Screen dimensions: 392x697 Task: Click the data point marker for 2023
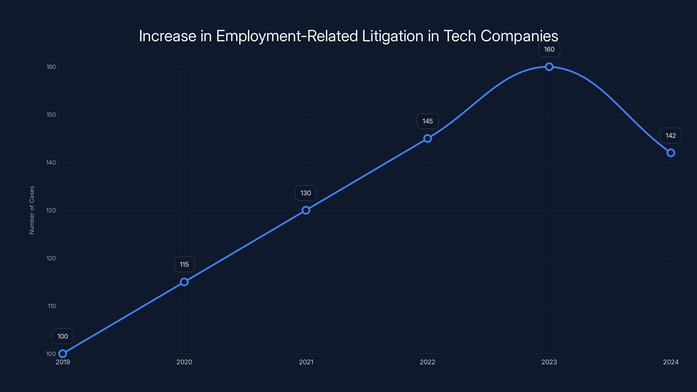(549, 67)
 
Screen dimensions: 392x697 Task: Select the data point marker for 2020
(184, 282)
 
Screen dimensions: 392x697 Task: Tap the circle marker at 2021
(306, 210)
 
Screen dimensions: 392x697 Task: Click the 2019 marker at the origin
(63, 354)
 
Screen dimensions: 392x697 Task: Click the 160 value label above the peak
(549, 49)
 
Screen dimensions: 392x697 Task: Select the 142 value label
(670, 135)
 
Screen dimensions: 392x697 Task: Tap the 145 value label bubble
(428, 121)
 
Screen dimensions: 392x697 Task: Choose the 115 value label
(184, 264)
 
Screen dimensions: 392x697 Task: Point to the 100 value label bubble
(63, 336)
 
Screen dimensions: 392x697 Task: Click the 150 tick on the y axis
(51, 115)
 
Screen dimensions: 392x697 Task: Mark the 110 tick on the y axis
(52, 306)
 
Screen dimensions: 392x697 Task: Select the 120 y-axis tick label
(51, 258)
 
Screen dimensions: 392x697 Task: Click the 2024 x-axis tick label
(670, 362)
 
